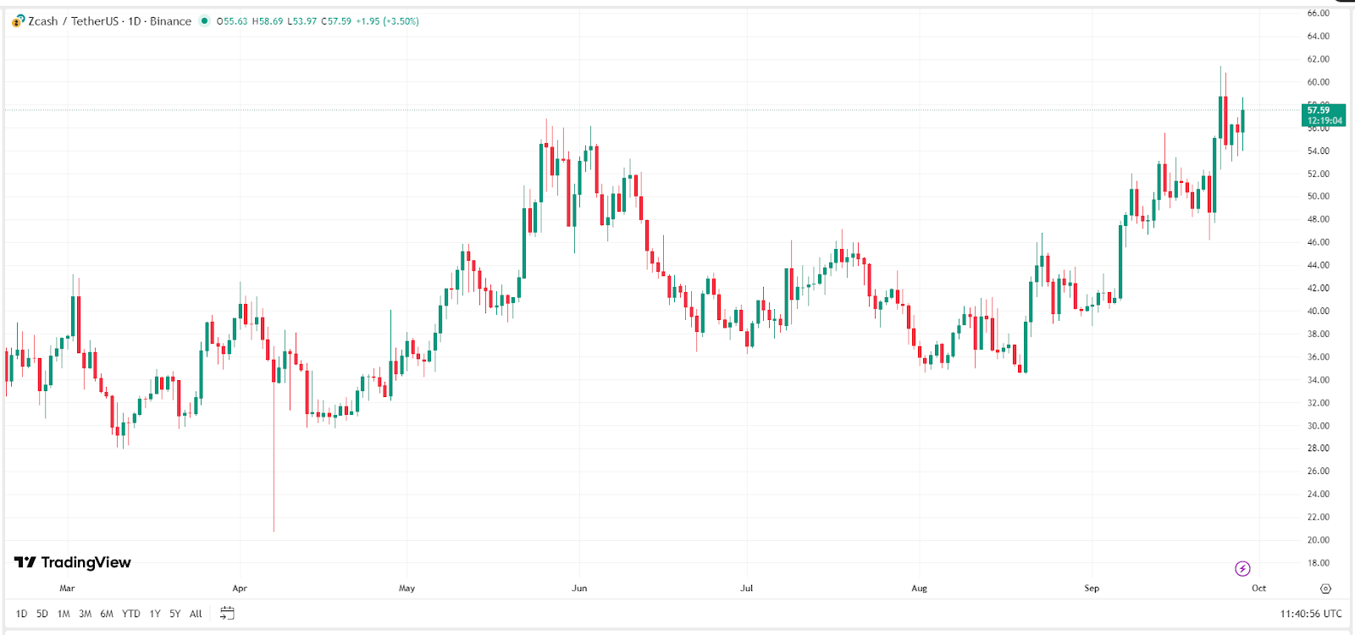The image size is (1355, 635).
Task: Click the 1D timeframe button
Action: [21, 614]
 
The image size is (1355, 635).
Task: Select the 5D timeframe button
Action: [42, 614]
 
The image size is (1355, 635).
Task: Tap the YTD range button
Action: [130, 614]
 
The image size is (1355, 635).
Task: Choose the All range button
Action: [196, 614]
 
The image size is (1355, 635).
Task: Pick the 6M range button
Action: [107, 614]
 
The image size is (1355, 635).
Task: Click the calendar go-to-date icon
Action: [227, 613]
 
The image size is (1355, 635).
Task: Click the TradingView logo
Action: [73, 562]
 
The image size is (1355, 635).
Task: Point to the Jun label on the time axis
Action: [579, 588]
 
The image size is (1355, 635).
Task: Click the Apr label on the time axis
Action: [240, 588]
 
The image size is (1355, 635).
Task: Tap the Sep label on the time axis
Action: [1092, 588]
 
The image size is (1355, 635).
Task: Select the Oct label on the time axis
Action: [1259, 588]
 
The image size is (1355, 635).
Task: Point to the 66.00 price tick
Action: [1318, 14]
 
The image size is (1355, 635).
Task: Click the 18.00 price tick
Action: [1318, 563]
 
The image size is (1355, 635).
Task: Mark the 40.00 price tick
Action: [1318, 311]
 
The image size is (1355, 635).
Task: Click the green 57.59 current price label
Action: [1323, 114]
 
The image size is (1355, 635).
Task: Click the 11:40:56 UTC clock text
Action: [1311, 614]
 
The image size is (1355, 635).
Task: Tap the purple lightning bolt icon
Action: [1242, 568]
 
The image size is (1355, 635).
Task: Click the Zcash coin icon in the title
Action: [18, 21]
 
